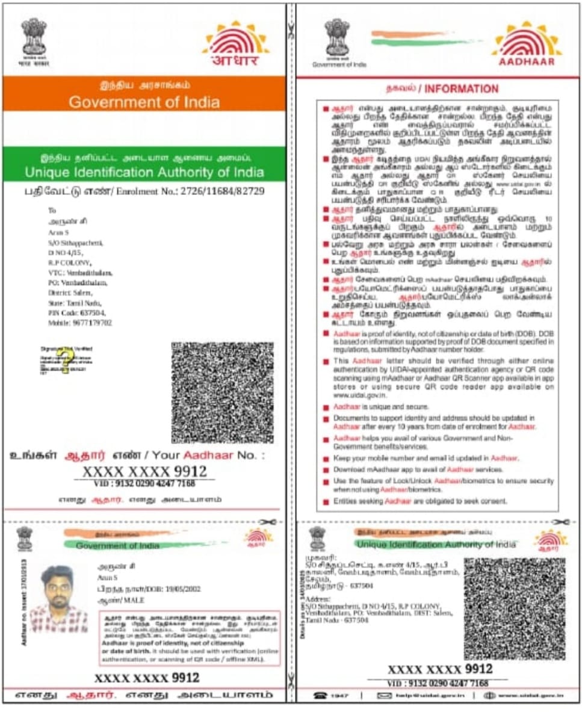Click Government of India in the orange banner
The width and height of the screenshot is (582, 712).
144,102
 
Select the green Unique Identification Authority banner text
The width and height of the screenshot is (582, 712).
144,172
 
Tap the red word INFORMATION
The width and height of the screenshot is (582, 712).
462,89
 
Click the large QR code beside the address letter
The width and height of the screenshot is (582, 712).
222,392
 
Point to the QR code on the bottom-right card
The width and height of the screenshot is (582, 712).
514,608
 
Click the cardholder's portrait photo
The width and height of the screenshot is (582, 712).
59,598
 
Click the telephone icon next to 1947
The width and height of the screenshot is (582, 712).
320,696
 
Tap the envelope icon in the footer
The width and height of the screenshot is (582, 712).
384,696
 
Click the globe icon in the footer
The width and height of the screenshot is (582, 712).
489,696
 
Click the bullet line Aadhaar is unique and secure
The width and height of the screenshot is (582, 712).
381,407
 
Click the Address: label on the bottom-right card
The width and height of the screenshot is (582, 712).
317,599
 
